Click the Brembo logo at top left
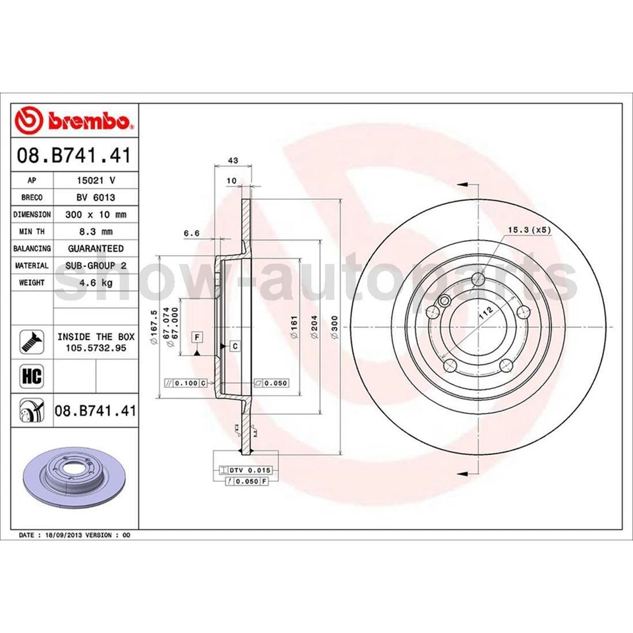(75, 121)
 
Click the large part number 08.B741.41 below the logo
(75, 156)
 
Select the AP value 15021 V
(96, 180)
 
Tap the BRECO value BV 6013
(96, 197)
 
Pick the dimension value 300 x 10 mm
(96, 214)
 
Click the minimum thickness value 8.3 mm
(96, 231)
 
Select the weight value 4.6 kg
(96, 282)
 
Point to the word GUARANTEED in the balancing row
(96, 249)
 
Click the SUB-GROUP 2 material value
(96, 266)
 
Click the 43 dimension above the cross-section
(232, 160)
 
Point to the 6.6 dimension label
(191, 233)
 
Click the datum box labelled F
(196, 338)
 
